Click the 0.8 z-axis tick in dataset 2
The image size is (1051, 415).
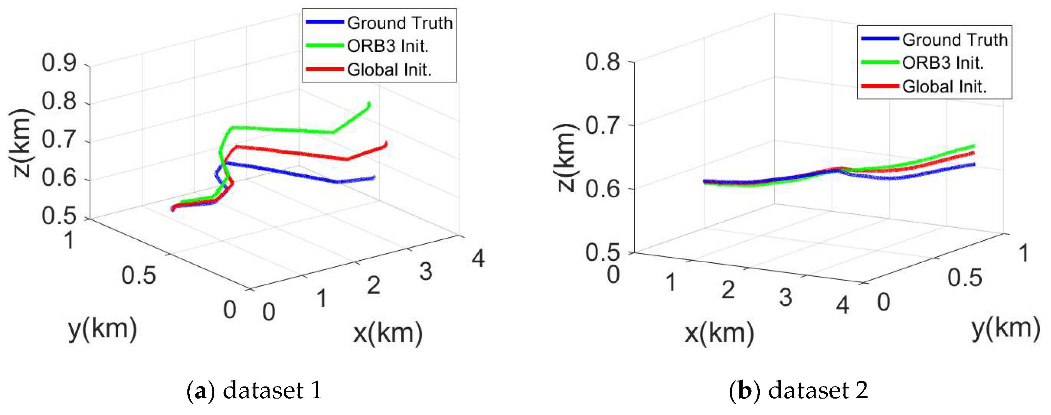tap(602, 62)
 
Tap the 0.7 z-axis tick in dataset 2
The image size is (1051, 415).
tap(602, 125)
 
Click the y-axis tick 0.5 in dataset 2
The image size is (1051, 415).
tap(965, 278)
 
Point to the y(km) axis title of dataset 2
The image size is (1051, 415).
tap(1006, 329)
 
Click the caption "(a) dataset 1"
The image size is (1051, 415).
tap(254, 390)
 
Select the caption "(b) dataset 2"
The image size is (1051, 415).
tap(799, 390)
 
